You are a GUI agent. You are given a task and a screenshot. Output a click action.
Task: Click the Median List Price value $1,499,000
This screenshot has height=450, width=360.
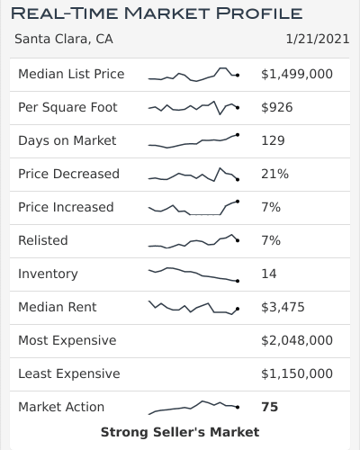tap(297, 74)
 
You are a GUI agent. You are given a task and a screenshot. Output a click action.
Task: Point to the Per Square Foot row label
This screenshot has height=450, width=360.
tap(67, 107)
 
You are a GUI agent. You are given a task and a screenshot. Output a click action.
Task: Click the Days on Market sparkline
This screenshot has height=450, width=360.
tap(193, 140)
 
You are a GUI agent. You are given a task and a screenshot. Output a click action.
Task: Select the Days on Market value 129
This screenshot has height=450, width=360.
tap(273, 140)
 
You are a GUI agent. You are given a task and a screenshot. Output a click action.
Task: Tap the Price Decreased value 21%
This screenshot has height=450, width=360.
tap(274, 174)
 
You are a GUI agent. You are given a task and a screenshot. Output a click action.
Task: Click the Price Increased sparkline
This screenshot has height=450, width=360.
tap(193, 208)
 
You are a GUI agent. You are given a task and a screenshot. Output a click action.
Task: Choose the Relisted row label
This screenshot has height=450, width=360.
tap(43, 240)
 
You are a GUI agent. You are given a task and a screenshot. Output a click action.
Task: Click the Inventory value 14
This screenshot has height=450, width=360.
tap(269, 274)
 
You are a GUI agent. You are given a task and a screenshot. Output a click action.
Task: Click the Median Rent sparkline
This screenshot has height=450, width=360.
tap(193, 308)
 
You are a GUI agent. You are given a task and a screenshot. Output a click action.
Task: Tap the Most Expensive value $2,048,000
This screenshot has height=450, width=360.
tap(297, 340)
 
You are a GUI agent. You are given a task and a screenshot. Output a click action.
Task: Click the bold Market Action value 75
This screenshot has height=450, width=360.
tap(270, 407)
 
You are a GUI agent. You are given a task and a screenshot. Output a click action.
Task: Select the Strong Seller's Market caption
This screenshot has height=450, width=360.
tap(180, 433)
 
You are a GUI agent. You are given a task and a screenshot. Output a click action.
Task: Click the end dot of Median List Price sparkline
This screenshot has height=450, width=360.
tap(237, 76)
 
